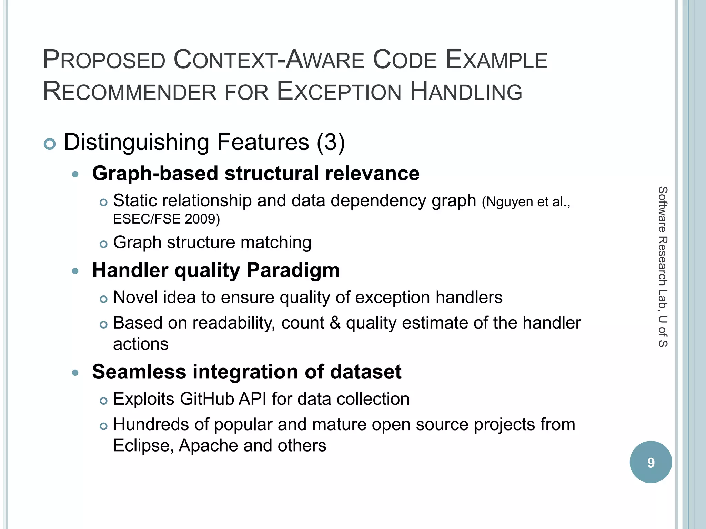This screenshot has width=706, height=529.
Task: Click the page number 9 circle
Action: [650, 462]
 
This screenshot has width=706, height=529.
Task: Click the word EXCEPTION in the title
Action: [339, 92]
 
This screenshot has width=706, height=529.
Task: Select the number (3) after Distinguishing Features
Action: [331, 142]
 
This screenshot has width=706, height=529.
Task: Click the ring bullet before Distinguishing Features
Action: [50, 144]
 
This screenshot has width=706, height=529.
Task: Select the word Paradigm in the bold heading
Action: [293, 270]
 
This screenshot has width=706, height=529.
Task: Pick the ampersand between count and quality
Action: [335, 323]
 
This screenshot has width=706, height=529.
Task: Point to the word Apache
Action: [208, 446]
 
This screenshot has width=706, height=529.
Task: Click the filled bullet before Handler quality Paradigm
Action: [75, 271]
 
